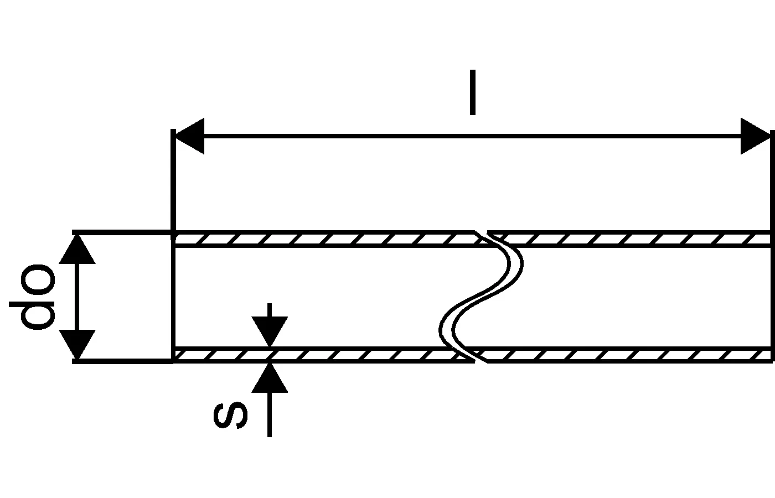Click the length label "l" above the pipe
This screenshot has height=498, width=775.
click(472, 92)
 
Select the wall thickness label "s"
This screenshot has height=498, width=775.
click(230, 416)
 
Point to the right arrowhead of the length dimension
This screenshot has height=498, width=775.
click(756, 136)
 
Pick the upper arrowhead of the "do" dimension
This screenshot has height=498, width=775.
click(77, 249)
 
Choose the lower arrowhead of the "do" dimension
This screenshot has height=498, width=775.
click(77, 344)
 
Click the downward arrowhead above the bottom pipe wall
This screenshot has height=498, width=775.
click(270, 331)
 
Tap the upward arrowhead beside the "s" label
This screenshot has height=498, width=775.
click(270, 378)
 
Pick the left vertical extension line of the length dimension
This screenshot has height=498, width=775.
click(174, 183)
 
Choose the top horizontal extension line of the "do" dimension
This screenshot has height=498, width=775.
click(122, 232)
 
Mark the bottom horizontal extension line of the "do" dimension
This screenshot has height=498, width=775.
click(122, 361)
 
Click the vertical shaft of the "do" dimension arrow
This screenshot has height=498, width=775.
click(77, 297)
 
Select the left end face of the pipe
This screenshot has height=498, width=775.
click(174, 297)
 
